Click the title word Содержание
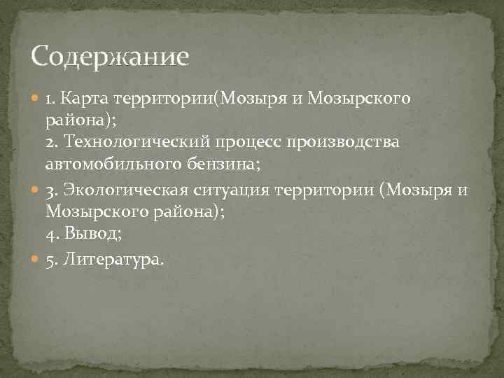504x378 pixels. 110,56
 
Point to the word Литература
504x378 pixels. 113,260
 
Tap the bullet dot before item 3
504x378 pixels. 36,192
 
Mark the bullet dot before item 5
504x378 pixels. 36,260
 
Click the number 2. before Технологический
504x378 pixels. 52,142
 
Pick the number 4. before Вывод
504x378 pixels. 52,234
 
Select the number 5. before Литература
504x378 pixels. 52,260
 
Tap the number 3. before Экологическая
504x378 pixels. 52,191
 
